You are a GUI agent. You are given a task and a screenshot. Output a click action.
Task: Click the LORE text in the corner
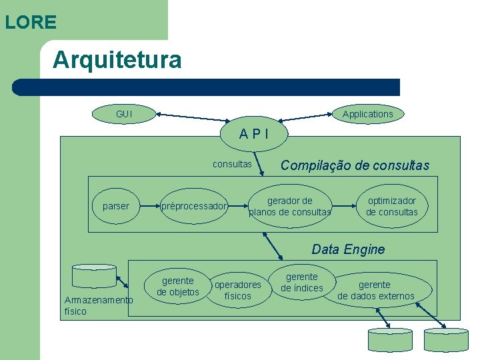coord(31,22)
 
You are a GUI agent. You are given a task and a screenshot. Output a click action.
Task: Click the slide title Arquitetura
coord(117,60)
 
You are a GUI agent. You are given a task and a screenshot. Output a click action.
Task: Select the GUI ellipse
coord(124,114)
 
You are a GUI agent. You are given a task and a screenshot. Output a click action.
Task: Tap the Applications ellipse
coord(367,114)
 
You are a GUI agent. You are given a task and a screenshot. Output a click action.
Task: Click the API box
coord(254,133)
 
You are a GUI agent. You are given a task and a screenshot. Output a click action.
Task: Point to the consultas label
coord(232,164)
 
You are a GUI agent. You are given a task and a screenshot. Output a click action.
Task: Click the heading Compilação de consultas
coord(355,165)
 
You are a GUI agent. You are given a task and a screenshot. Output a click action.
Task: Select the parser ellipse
coord(116,206)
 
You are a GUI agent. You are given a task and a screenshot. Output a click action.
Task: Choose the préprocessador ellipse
coord(193,206)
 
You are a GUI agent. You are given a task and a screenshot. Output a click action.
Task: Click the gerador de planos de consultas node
coord(289,206)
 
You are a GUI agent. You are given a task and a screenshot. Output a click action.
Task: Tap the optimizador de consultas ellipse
coord(391,206)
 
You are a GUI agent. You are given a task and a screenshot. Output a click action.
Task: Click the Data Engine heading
coord(348,249)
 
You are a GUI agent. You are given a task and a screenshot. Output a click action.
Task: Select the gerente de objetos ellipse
coord(178,286)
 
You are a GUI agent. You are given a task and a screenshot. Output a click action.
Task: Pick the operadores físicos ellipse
coord(237,290)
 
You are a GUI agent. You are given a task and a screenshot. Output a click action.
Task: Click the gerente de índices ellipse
coord(301,282)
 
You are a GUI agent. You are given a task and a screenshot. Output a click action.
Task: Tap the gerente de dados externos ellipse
coord(375,290)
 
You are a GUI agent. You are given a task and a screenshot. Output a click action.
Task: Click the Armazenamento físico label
coord(98,305)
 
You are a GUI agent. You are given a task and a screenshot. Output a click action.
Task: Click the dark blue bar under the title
coord(207,87)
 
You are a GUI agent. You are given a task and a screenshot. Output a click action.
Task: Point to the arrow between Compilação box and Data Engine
coord(273,246)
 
